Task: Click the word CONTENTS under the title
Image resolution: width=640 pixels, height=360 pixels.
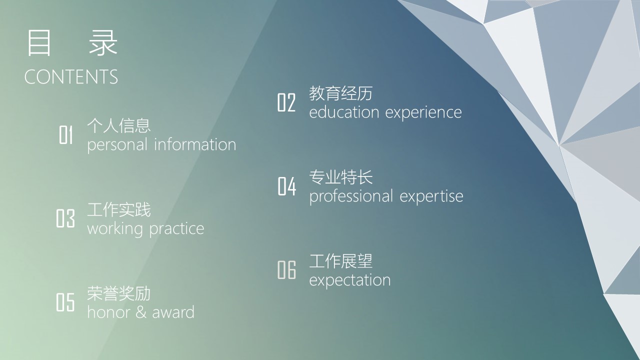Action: tap(71, 76)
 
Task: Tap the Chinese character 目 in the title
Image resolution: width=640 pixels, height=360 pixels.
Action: tap(39, 43)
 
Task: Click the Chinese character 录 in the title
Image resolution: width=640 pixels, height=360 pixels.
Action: tap(103, 43)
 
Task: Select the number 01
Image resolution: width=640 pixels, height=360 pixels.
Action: tap(65, 134)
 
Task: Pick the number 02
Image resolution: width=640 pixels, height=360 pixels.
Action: tap(286, 102)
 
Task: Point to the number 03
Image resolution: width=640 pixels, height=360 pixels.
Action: tap(65, 218)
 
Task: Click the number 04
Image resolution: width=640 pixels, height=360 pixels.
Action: tap(287, 186)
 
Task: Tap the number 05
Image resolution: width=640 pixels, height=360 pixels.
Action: tap(65, 302)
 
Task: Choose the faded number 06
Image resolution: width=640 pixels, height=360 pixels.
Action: tap(286, 269)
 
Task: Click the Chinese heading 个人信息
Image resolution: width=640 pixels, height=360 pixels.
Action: tap(119, 125)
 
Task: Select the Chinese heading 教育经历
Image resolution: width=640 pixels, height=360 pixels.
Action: tap(340, 93)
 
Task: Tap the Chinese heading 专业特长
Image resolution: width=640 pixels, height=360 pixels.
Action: tap(341, 177)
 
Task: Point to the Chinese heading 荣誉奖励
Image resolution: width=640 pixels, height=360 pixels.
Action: tap(119, 293)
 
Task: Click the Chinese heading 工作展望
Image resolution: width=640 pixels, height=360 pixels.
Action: tap(340, 260)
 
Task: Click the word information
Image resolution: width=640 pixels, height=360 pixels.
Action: tap(195, 144)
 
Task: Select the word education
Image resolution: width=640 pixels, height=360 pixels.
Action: tap(344, 112)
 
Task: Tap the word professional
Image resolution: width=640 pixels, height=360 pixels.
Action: tap(351, 197)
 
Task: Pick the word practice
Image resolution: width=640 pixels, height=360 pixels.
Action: tap(176, 229)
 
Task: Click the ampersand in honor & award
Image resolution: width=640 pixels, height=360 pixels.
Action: tap(141, 312)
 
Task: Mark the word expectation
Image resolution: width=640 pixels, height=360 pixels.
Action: tap(349, 280)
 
